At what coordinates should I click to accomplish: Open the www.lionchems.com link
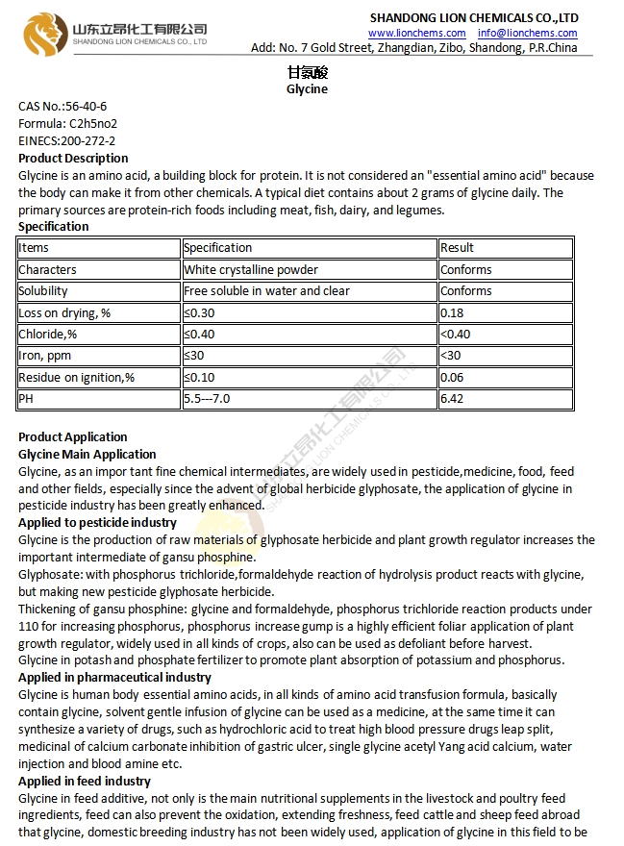417,33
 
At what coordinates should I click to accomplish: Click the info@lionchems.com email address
528,33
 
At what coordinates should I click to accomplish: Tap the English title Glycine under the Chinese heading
307,88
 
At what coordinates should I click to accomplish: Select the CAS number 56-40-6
87,106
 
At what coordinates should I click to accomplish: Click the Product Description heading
73,158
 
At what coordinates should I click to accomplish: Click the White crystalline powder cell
251,270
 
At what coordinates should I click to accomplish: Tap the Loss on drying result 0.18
452,312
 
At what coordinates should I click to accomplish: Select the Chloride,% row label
48,335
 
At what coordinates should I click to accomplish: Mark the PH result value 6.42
452,399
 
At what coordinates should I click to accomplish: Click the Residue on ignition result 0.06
452,378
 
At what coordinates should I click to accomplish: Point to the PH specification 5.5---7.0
207,399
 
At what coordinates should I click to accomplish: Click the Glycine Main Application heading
87,454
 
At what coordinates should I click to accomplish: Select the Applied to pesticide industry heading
97,523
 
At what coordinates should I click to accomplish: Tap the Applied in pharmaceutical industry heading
114,678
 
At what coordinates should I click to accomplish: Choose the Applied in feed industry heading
85,782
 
